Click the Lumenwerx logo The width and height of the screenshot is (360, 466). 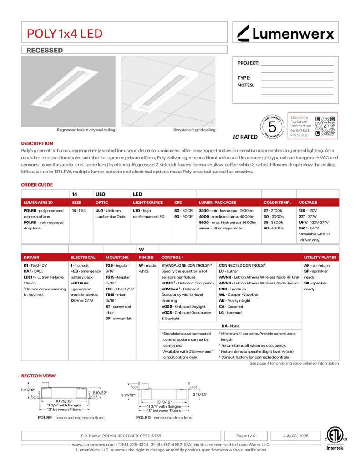click(286, 33)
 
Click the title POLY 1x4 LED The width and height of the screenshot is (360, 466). click(65, 33)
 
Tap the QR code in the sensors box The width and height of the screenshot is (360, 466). click(325, 125)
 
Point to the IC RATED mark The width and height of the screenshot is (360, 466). click(245, 137)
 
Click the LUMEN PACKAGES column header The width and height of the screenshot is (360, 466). click(218, 202)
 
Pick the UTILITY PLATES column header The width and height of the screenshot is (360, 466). click(320, 257)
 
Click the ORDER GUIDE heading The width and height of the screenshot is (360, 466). click(37, 185)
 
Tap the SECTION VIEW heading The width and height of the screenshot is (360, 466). click(38, 375)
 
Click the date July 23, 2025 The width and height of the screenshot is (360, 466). click(296, 436)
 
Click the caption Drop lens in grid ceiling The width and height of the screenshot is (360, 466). click(194, 130)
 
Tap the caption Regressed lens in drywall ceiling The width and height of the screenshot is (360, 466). click(86, 130)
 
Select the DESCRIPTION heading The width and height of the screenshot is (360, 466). click(37, 143)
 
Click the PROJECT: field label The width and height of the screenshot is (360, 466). click(248, 63)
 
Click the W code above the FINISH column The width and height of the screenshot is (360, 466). click(141, 249)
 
